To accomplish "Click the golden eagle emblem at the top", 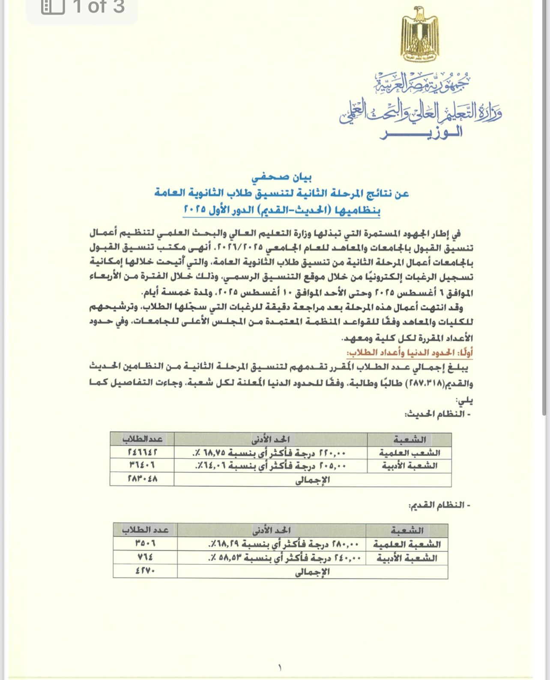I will click(x=419, y=34).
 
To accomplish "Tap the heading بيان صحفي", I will click(x=281, y=177).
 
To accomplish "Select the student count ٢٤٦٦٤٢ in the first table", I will click(x=142, y=452).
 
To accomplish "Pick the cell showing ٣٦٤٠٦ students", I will click(x=142, y=465).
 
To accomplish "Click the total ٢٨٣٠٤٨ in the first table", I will click(x=142, y=479).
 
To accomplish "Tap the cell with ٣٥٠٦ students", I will click(x=145, y=543).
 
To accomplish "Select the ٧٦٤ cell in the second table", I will click(x=145, y=557).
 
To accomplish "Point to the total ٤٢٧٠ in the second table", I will click(x=145, y=571).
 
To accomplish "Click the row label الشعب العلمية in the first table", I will click(x=409, y=452).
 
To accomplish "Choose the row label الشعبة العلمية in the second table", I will click(x=407, y=544).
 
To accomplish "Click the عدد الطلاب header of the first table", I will click(x=142, y=439).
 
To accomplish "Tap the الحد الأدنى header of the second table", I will click(x=272, y=530).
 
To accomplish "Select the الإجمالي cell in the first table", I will click(x=313, y=480).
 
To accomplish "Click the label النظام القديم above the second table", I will click(x=439, y=506).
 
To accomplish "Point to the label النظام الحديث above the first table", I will click(x=437, y=414).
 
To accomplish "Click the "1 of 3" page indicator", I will click(x=99, y=7).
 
